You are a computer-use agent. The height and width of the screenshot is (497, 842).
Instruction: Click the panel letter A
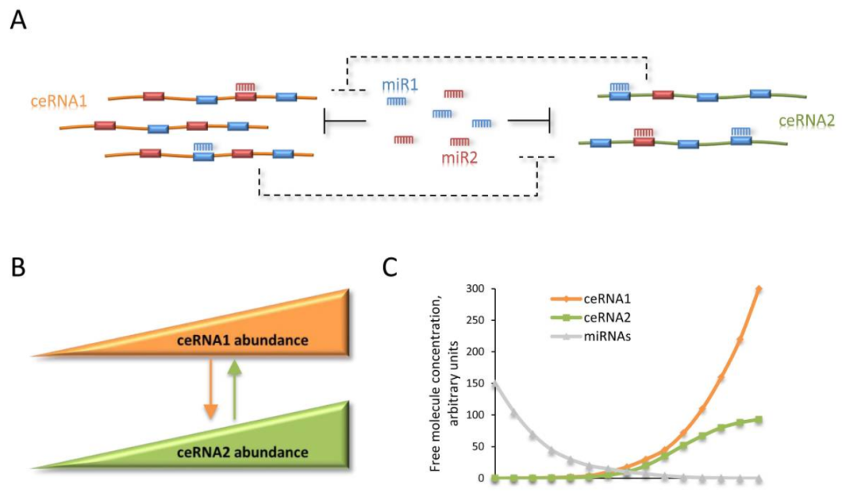click(x=18, y=21)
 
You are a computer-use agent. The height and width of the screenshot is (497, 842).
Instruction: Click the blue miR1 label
click(x=399, y=84)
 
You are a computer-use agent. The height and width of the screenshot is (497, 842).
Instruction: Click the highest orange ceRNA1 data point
click(x=759, y=289)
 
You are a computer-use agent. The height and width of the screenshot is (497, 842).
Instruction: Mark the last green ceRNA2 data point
click(x=759, y=419)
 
